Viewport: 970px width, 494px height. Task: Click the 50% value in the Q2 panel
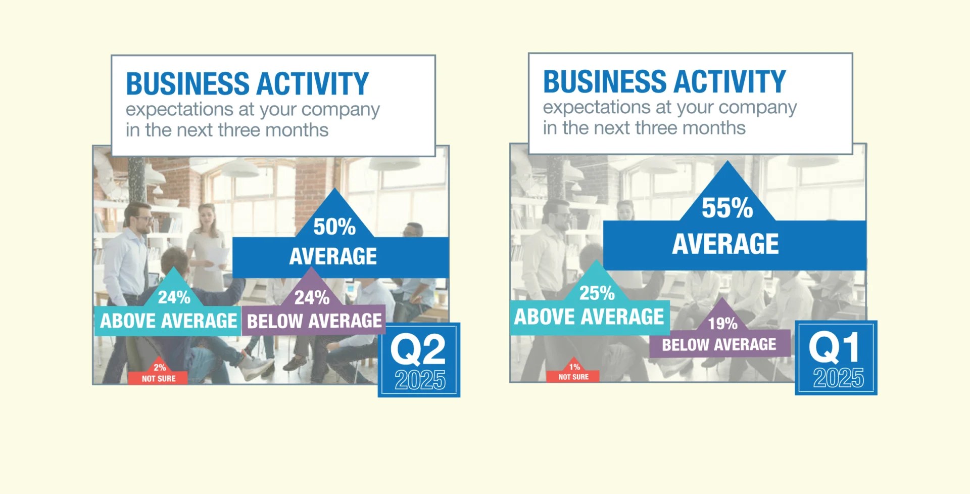[x=334, y=227]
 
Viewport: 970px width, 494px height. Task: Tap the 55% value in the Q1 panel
[x=727, y=208]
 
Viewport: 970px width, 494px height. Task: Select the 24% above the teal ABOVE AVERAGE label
[x=174, y=297]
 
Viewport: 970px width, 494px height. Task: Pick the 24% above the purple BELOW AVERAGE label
[x=312, y=298]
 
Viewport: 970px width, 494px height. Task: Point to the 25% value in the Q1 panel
[x=597, y=293]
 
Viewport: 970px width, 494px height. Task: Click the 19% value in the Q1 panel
[x=722, y=324]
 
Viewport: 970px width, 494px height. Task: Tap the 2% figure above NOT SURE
[x=160, y=368]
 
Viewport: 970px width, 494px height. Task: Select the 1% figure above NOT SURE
[x=574, y=367]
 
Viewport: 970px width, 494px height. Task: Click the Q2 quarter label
[x=418, y=349]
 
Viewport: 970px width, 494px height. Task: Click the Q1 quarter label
[x=834, y=347]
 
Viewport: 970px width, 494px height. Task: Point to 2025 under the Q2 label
[x=420, y=380]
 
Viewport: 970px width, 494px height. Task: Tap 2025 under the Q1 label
[x=838, y=378]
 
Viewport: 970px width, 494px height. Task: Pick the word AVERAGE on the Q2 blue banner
[x=333, y=256]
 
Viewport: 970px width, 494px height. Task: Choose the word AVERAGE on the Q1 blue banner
[x=725, y=244]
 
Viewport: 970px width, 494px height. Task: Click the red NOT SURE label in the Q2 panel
[x=159, y=379]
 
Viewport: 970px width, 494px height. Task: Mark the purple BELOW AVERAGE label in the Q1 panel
[x=719, y=345]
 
